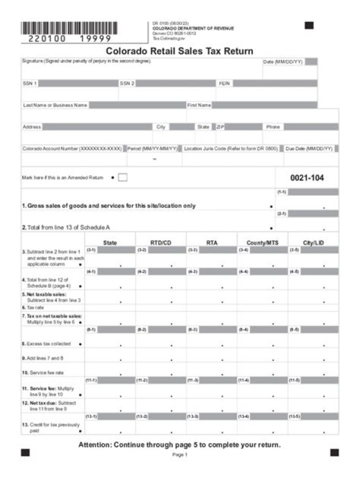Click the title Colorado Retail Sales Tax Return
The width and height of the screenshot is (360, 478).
pos(179,51)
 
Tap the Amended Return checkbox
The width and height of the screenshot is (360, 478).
pos(122,177)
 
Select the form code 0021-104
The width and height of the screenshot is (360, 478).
pos(307,177)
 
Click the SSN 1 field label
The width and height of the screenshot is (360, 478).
pos(29,83)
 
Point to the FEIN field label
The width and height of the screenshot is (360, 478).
pos(224,83)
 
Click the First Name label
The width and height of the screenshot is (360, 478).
pos(199,105)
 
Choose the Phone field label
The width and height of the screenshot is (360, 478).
pos(273,127)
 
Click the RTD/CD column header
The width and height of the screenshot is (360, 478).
pos(161,243)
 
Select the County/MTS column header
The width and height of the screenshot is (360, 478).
pos(262,243)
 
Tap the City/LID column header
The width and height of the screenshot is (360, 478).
pos(313,243)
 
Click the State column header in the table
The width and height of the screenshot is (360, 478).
pos(110,243)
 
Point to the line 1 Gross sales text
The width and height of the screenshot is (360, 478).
pos(108,206)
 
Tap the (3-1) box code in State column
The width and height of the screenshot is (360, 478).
pos(91,250)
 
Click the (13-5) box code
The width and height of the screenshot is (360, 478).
pos(294,416)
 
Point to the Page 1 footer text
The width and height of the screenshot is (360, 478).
pos(179,455)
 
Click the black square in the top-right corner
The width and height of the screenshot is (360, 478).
pos(309,25)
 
